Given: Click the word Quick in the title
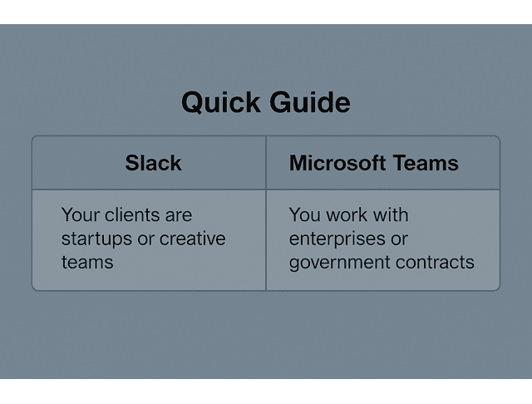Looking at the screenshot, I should coord(220,103).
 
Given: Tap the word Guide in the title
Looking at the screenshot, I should coord(309,103).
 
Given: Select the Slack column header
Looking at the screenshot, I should coord(153,163).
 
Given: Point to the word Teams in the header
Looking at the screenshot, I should coord(428,163).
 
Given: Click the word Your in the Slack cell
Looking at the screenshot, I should coord(80,215).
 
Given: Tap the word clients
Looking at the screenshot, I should coord(130,215).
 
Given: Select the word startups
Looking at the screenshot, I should coord(94,239).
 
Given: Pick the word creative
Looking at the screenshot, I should coord(193,239).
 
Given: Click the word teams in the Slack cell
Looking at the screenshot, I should coord(86,263).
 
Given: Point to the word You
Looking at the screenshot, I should coord(304,215).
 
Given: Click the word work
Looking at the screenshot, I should coord(347,215).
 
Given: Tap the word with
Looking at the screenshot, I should coord(391,215).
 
